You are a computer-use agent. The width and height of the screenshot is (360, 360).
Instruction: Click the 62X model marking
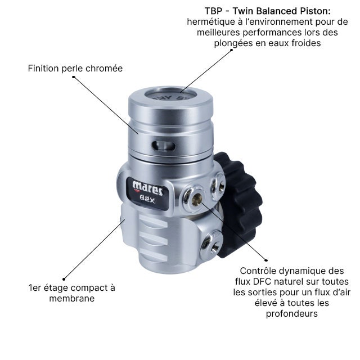click(x=147, y=200)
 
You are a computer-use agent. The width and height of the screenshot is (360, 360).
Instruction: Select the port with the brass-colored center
click(x=194, y=199)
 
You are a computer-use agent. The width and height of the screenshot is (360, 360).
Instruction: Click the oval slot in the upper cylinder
click(x=164, y=146)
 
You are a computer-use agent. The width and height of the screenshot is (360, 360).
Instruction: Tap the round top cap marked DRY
click(x=171, y=96)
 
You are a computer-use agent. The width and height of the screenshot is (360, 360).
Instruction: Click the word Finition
click(x=43, y=69)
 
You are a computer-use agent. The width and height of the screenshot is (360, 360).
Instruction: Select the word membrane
click(x=72, y=299)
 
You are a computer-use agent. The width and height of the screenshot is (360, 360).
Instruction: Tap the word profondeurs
click(x=292, y=314)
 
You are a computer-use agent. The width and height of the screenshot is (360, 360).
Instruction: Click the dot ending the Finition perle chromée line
click(x=74, y=77)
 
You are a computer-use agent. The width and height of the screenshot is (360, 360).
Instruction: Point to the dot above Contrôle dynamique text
click(x=266, y=260)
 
